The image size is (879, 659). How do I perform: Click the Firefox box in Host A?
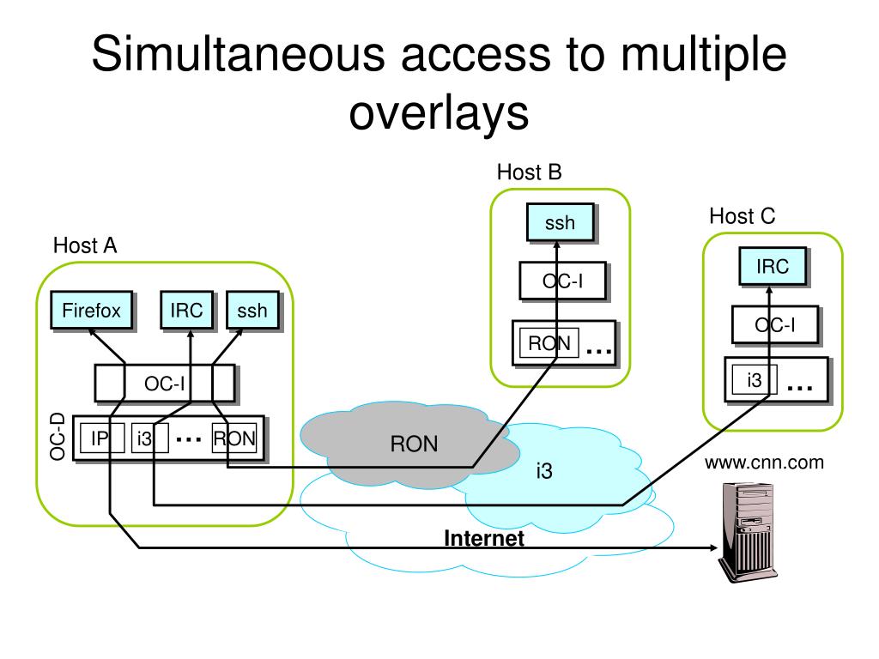[x=91, y=311]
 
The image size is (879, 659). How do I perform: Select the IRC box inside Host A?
[x=186, y=311]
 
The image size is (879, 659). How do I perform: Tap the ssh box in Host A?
[x=252, y=311]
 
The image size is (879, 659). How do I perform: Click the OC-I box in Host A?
[x=164, y=384]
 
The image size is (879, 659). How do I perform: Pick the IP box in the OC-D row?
[x=100, y=438]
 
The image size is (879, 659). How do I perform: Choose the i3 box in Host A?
[x=145, y=438]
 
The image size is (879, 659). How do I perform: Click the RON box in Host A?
[x=234, y=438]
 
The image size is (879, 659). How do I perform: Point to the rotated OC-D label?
[x=58, y=437]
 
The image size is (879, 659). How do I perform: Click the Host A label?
[x=85, y=245]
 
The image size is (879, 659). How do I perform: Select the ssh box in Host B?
[x=560, y=224]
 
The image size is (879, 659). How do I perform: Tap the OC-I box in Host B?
[x=563, y=280]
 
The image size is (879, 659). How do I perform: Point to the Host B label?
[x=529, y=172]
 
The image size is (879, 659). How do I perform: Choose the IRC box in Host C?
[x=773, y=267]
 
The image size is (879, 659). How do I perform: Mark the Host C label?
[x=742, y=216]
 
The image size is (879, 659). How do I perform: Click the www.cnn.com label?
[x=764, y=463]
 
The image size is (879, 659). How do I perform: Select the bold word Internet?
[x=483, y=539]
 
